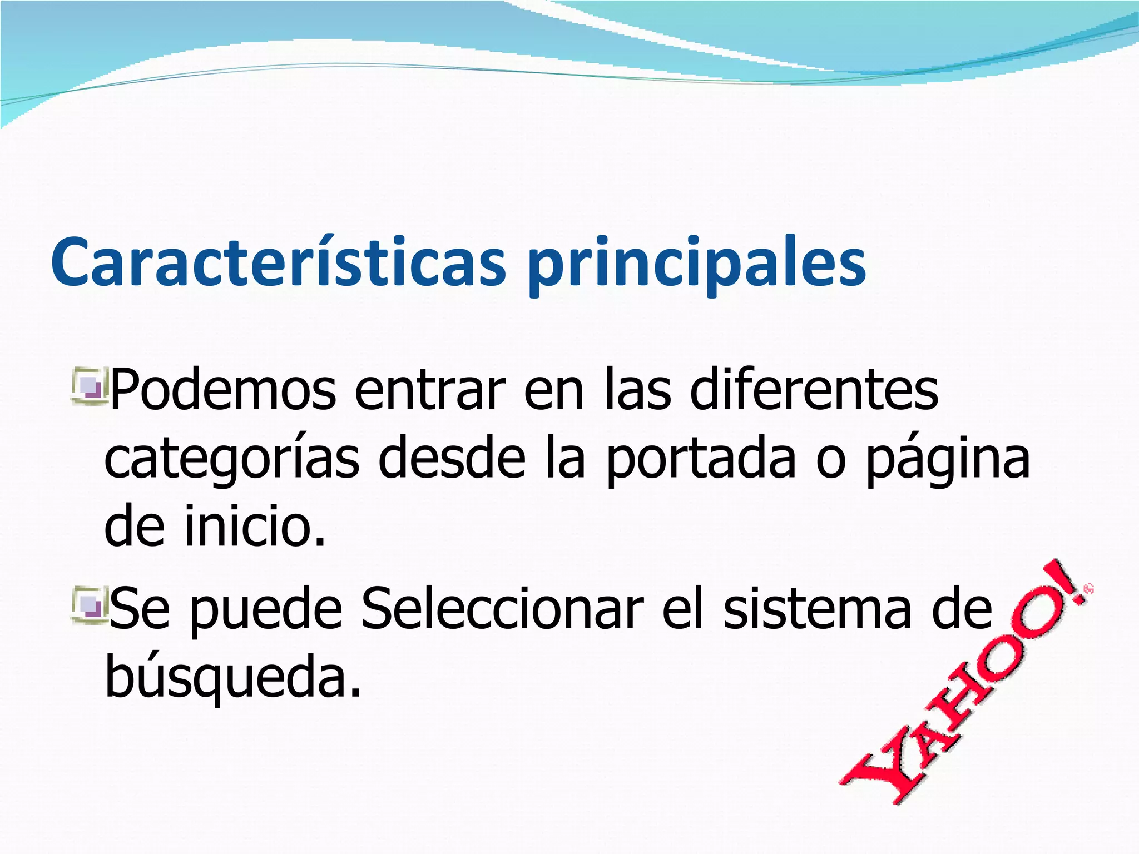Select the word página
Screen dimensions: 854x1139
click(948, 461)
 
